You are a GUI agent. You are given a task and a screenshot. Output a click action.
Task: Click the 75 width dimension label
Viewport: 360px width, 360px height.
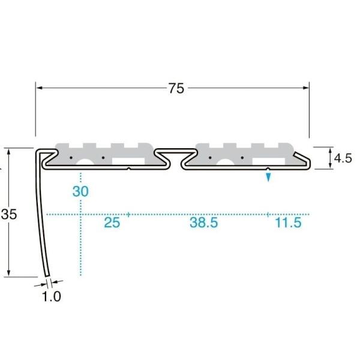click(x=176, y=88)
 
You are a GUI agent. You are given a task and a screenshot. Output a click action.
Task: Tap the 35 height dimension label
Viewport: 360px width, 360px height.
click(x=9, y=214)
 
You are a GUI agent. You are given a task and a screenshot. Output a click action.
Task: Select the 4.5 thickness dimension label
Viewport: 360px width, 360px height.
click(x=343, y=158)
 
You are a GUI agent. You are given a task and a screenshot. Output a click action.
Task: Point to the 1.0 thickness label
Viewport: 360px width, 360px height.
click(x=52, y=296)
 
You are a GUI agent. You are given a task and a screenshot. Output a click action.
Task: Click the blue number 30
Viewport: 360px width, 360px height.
click(x=80, y=191)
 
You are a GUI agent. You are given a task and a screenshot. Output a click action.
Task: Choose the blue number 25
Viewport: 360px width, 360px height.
click(x=112, y=223)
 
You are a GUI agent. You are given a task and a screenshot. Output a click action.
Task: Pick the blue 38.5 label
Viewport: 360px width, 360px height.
click(x=203, y=223)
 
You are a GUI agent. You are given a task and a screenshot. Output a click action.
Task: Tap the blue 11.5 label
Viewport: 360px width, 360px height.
click(x=288, y=223)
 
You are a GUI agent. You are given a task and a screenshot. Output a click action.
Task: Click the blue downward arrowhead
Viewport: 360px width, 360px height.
click(x=268, y=177)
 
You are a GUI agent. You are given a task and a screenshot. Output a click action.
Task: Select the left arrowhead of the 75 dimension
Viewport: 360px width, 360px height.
click(x=40, y=88)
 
